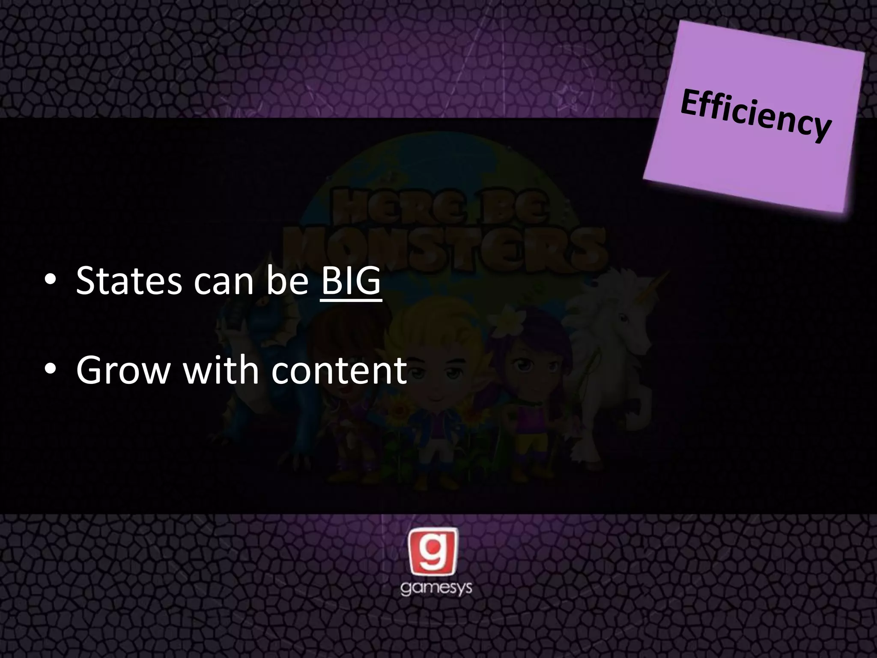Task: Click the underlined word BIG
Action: (350, 281)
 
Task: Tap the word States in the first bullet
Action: (128, 281)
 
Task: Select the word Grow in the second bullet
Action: (123, 370)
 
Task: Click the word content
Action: (339, 370)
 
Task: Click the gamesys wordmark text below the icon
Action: (436, 588)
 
